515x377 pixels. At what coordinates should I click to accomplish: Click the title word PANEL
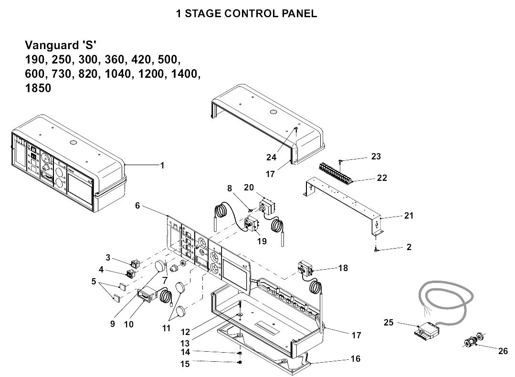(x=299, y=13)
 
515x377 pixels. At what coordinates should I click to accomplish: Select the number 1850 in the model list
(x=38, y=89)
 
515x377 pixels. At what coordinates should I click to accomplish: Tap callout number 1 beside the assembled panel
(x=162, y=166)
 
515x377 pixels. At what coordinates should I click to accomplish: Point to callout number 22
(x=381, y=178)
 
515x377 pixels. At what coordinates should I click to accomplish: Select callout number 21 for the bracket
(x=409, y=216)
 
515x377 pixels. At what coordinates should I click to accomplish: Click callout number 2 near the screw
(x=409, y=247)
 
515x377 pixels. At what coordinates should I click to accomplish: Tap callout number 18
(x=343, y=268)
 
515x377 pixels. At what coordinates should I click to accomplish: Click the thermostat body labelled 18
(x=305, y=269)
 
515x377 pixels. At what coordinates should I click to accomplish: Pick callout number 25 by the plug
(x=389, y=323)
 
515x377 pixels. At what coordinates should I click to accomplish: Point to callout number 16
(x=355, y=359)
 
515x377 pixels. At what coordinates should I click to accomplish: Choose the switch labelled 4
(x=130, y=274)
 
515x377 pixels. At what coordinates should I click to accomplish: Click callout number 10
(x=128, y=324)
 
